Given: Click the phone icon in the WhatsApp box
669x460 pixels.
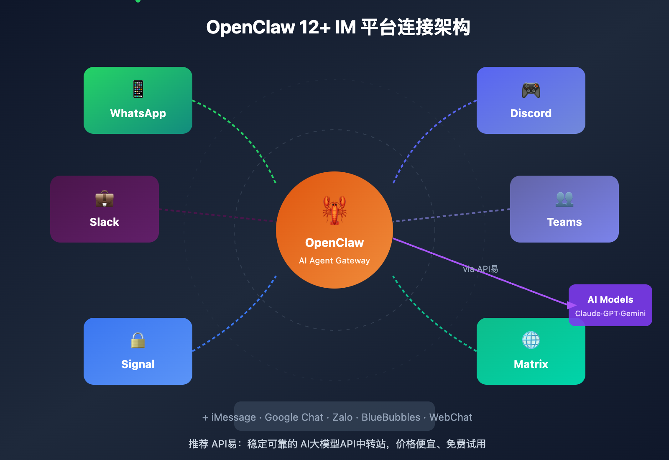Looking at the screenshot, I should point(138,89).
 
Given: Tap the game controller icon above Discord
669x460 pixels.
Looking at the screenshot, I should point(531,90).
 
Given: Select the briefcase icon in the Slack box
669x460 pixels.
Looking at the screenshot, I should point(105,199).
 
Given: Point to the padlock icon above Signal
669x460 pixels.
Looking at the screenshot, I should point(138,340).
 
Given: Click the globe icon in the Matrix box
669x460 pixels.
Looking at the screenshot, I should point(531,340).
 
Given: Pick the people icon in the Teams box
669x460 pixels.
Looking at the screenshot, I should point(564,199).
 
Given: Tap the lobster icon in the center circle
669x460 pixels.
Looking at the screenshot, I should point(334,210).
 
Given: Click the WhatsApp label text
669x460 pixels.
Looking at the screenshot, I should point(138,113).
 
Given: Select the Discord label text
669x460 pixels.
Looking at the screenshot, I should point(531,113).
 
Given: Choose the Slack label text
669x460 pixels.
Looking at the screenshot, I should point(105,222).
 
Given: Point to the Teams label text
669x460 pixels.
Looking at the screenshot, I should point(564,222).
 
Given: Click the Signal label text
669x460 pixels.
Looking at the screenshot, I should point(138,364).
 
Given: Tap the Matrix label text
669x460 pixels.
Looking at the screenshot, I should point(531,364).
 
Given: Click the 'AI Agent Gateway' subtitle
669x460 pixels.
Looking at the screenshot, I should point(334,261).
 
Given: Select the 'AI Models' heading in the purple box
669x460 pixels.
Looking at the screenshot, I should point(610,299).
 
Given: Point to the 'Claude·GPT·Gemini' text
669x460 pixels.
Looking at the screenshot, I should point(610,314).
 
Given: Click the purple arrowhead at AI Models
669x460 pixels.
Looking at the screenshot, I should point(572,305).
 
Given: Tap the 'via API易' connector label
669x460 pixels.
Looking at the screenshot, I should point(480,269).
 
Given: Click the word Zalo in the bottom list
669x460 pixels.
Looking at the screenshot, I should point(342,417).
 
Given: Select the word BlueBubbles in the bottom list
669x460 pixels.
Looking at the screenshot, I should point(391,417).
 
